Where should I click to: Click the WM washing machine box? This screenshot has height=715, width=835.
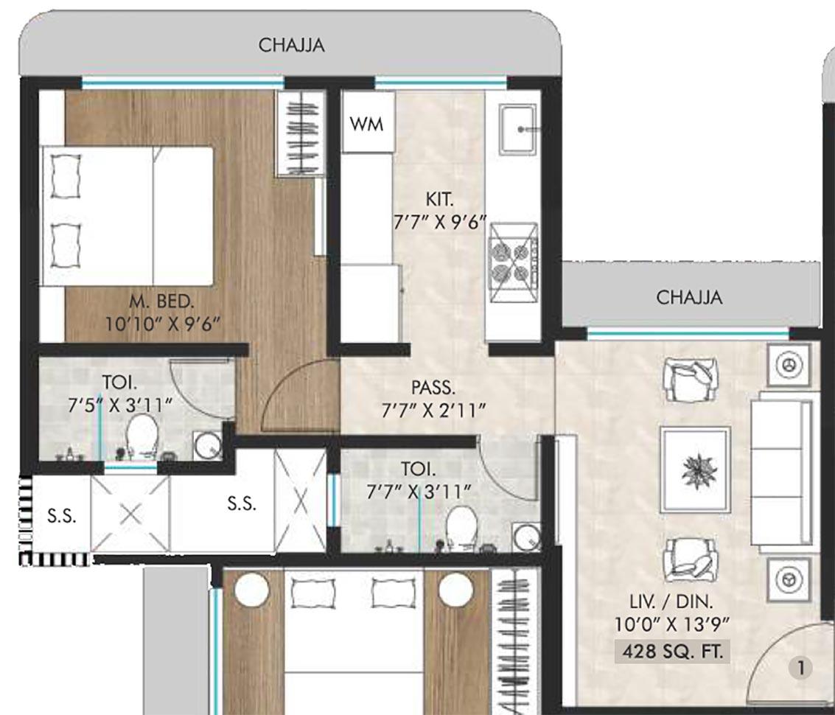366,123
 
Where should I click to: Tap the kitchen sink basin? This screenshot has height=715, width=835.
519,130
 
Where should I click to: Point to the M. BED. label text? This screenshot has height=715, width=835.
162,301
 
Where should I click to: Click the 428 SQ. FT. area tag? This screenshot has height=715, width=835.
671,652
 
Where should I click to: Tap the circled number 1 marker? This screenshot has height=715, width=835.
800,669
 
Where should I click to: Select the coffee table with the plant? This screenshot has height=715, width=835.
695,469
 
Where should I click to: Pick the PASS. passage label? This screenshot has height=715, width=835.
433,387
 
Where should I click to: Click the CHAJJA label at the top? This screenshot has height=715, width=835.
291,45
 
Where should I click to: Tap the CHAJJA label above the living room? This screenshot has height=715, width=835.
689,298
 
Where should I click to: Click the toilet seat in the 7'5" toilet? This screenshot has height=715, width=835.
141,433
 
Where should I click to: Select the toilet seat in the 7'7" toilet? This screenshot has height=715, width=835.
462,525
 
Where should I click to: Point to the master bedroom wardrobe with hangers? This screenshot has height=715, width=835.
300,134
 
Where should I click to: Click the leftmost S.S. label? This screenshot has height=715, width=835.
61,516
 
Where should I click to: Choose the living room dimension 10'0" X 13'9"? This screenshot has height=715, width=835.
671,624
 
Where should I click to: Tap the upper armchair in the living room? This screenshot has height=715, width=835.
691,378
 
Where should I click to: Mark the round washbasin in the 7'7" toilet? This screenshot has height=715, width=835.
525,537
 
